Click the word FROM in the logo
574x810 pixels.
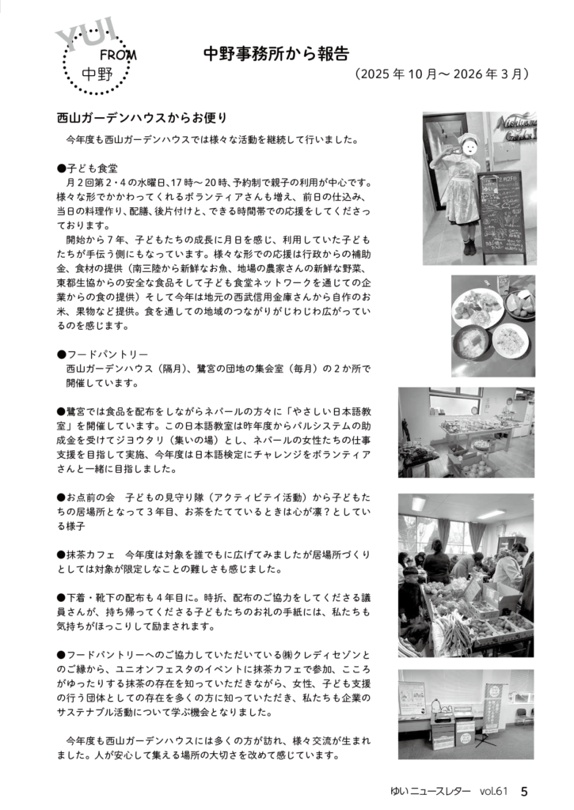click(118, 56)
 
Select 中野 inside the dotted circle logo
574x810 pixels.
click(97, 76)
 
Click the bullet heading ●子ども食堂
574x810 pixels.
click(87, 168)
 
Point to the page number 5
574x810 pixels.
click(525, 790)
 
